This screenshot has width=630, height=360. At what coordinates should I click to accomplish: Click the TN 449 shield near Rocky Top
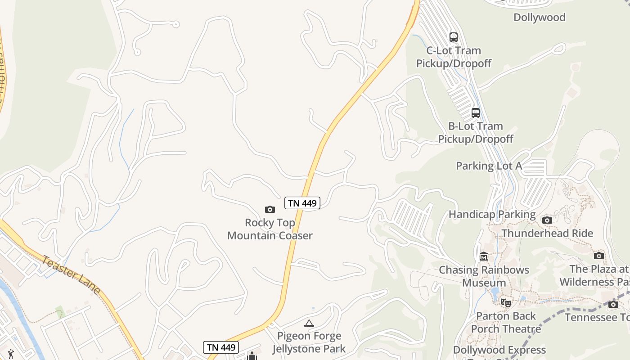302,203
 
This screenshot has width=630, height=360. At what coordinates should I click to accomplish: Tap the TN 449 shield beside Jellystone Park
220,347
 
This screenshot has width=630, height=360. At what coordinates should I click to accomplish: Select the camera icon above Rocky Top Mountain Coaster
270,209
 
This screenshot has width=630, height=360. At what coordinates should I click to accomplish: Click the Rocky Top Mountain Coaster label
270,229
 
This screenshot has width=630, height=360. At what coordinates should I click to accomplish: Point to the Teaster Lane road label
72,274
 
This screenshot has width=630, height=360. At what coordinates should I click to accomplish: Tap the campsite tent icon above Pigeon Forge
309,323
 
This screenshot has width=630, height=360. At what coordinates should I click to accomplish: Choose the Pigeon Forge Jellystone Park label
309,342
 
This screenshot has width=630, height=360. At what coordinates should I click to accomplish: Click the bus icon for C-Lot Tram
454,37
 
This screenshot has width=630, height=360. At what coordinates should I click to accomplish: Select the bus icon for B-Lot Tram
476,112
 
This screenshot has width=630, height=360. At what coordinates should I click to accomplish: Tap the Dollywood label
539,18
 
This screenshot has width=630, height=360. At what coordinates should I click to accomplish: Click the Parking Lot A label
489,166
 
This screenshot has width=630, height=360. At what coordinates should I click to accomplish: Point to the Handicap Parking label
492,214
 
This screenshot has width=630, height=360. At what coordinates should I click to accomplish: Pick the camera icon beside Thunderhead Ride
547,220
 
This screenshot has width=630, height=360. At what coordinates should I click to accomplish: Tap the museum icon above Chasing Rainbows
484,256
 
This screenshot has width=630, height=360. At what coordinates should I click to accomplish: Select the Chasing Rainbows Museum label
484,276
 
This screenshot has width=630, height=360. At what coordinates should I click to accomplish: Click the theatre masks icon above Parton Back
506,303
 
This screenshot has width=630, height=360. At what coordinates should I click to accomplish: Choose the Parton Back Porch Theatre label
506,322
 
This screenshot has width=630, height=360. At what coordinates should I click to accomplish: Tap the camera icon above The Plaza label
598,256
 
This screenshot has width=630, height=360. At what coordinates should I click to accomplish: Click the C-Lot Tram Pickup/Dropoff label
454,57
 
